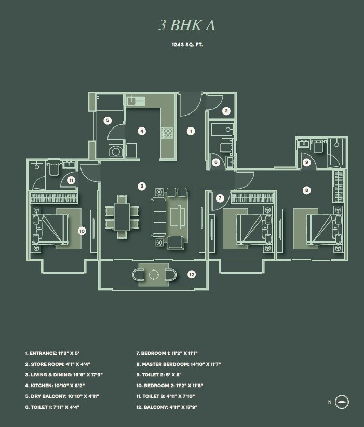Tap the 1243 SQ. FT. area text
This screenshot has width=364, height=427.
coord(187,45)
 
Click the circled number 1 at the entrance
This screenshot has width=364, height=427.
coord(191,131)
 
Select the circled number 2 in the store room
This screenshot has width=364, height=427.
coord(226,110)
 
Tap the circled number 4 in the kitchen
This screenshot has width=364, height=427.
coord(141,131)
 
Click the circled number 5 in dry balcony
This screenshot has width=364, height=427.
coord(107,120)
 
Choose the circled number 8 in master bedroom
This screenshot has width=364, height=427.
coord(307,190)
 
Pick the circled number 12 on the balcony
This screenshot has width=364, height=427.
coord(191,274)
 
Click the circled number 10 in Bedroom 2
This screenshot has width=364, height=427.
coord(82,231)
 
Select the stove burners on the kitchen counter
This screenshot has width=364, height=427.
coord(168,134)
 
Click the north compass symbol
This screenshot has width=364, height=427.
coord(342,402)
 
